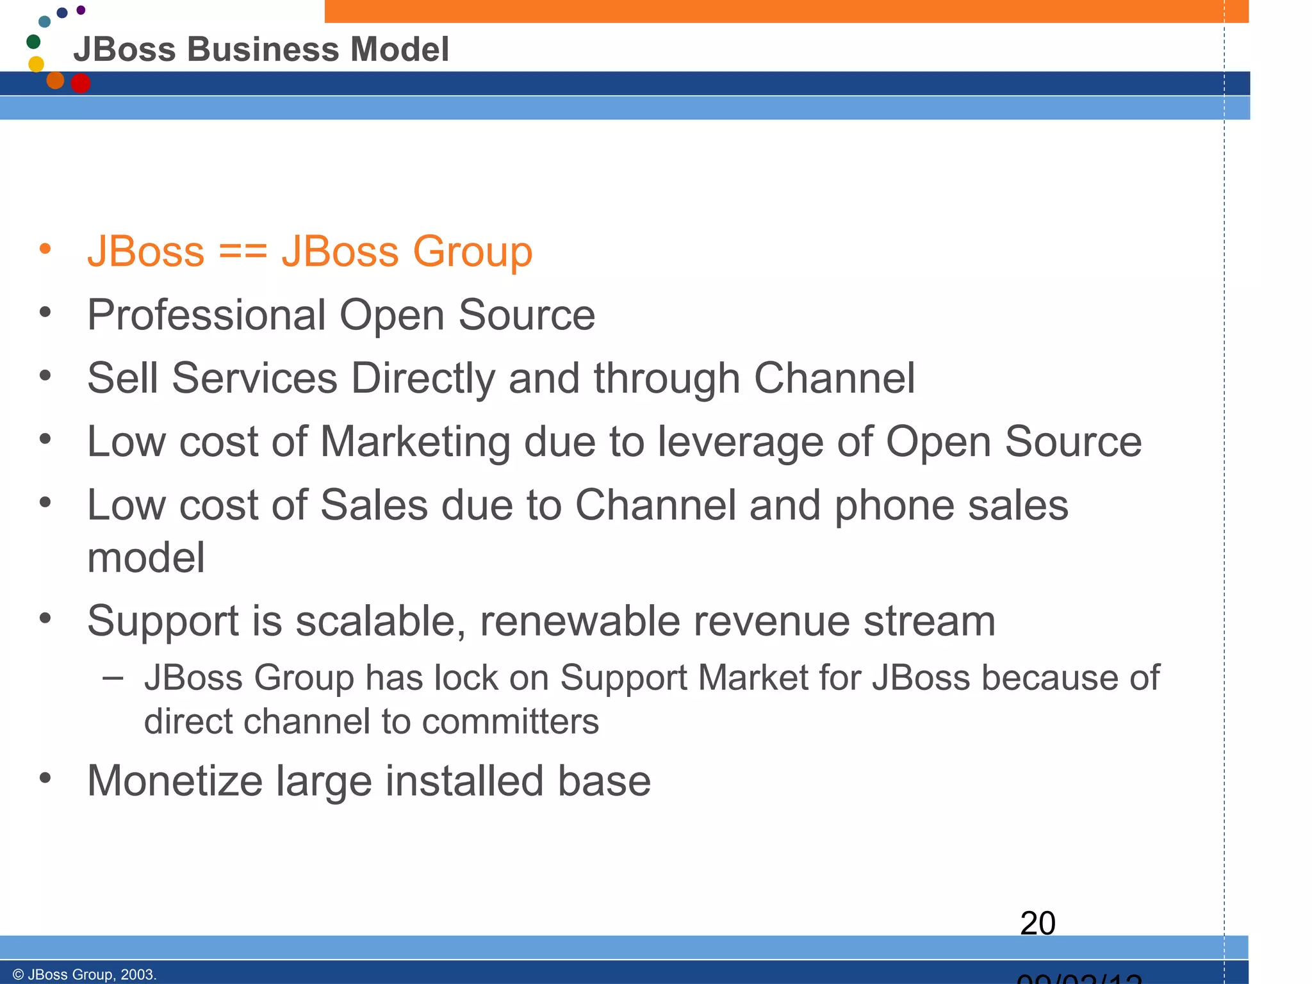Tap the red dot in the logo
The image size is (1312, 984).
[x=81, y=83]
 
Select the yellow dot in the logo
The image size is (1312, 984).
[x=37, y=64]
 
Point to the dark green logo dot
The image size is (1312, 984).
[x=33, y=42]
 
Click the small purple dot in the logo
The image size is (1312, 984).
[x=81, y=10]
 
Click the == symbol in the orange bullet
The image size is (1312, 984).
[x=243, y=251]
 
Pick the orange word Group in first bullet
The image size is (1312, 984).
[x=472, y=252]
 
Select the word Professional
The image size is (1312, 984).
[x=207, y=315]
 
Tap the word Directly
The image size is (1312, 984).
[x=423, y=379]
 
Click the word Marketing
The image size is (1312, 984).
[x=415, y=442]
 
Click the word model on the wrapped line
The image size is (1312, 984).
[x=146, y=557]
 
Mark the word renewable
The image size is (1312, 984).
[x=580, y=621]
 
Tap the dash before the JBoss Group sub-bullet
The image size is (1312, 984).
[x=113, y=678]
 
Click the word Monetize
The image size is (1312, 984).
[x=175, y=781]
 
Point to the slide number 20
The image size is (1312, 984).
[x=1037, y=923]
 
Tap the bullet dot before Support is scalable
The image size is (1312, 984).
[x=45, y=618]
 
